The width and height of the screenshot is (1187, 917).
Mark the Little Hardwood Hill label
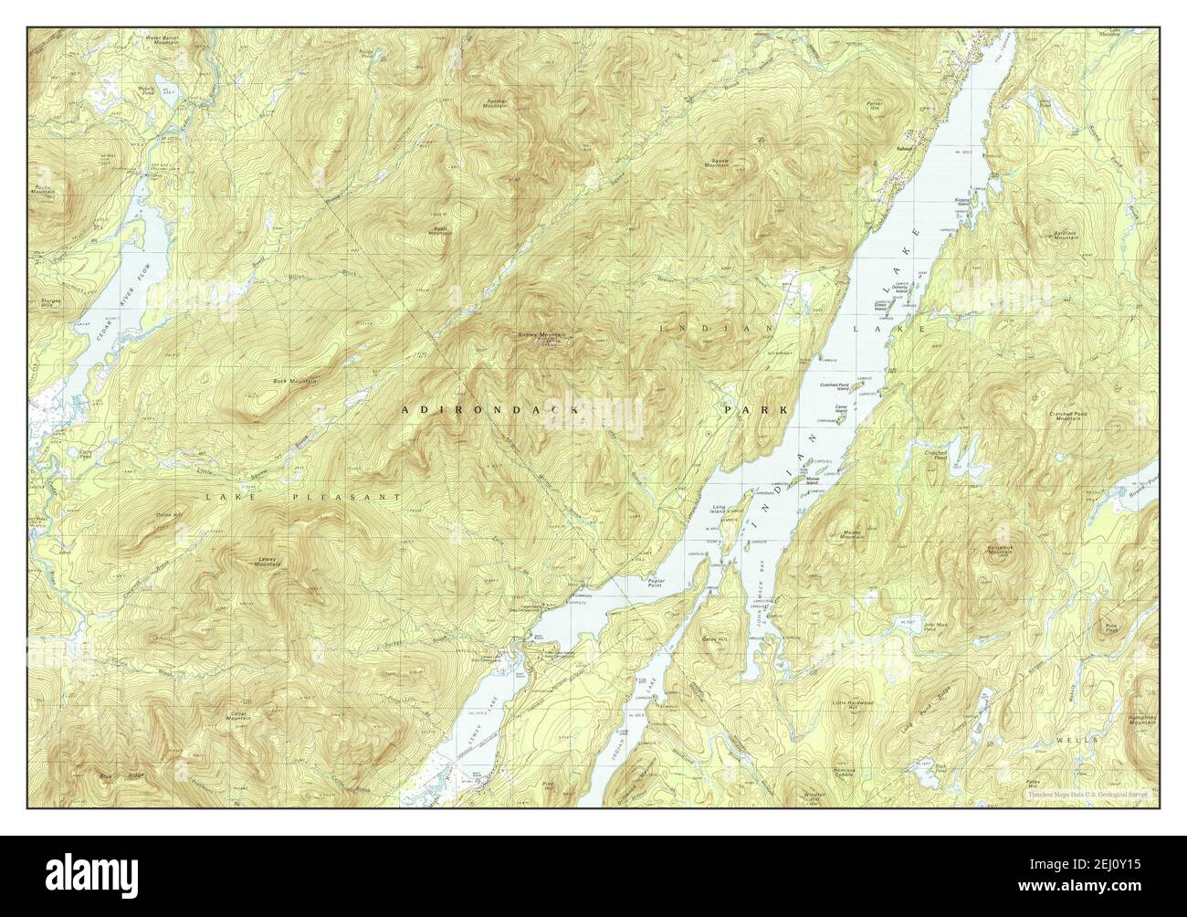tap(853, 704)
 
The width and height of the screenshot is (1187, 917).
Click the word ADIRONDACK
tap(491, 412)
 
